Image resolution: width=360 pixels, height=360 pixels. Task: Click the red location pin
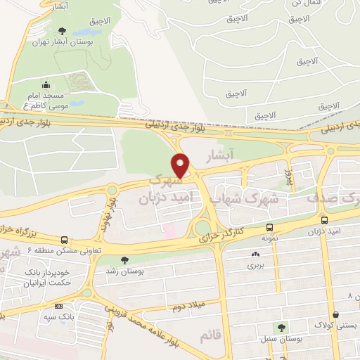pos(181,165)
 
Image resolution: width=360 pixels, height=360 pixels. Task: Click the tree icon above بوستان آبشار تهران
pos(62,30)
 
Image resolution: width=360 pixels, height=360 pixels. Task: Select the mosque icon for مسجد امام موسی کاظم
pos(46,85)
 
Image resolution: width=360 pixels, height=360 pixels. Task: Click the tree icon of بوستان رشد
pos(124,259)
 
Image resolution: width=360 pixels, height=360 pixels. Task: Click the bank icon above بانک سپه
pos(58,306)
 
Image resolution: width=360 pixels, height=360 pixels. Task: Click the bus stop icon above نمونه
pos(270,227)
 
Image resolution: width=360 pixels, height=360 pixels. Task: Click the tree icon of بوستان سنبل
pos(282,328)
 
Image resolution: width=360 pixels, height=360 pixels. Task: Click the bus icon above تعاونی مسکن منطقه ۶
pos(65,240)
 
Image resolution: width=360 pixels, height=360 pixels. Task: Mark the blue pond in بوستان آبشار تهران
pos(91,33)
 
